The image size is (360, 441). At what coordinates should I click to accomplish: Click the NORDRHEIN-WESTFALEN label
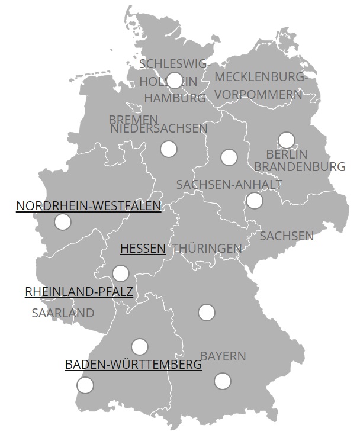click(88, 206)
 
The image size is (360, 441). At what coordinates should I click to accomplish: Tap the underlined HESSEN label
click(143, 249)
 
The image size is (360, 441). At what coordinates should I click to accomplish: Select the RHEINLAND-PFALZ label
click(79, 292)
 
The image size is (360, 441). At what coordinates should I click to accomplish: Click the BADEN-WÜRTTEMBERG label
click(133, 365)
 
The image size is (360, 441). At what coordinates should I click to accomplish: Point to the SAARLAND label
click(63, 313)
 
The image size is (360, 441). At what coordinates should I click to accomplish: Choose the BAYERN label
click(223, 356)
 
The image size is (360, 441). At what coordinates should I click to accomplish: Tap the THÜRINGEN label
click(207, 249)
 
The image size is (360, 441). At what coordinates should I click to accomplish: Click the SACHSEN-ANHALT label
click(229, 185)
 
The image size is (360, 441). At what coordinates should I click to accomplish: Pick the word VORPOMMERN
click(258, 95)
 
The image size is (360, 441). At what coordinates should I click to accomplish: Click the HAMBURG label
click(175, 98)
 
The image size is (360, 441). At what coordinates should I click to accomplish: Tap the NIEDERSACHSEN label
click(159, 128)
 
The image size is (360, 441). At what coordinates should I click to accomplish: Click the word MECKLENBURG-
click(261, 77)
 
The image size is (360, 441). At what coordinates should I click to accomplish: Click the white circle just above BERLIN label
click(286, 140)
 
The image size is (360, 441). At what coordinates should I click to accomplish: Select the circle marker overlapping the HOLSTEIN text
click(175, 81)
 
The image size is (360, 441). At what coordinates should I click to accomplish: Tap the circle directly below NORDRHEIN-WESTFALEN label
click(62, 222)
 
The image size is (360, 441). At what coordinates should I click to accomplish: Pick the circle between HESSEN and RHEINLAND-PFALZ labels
click(120, 273)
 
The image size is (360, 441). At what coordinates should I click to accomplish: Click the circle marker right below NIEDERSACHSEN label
click(169, 149)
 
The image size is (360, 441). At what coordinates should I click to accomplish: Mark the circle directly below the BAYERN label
click(222, 381)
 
